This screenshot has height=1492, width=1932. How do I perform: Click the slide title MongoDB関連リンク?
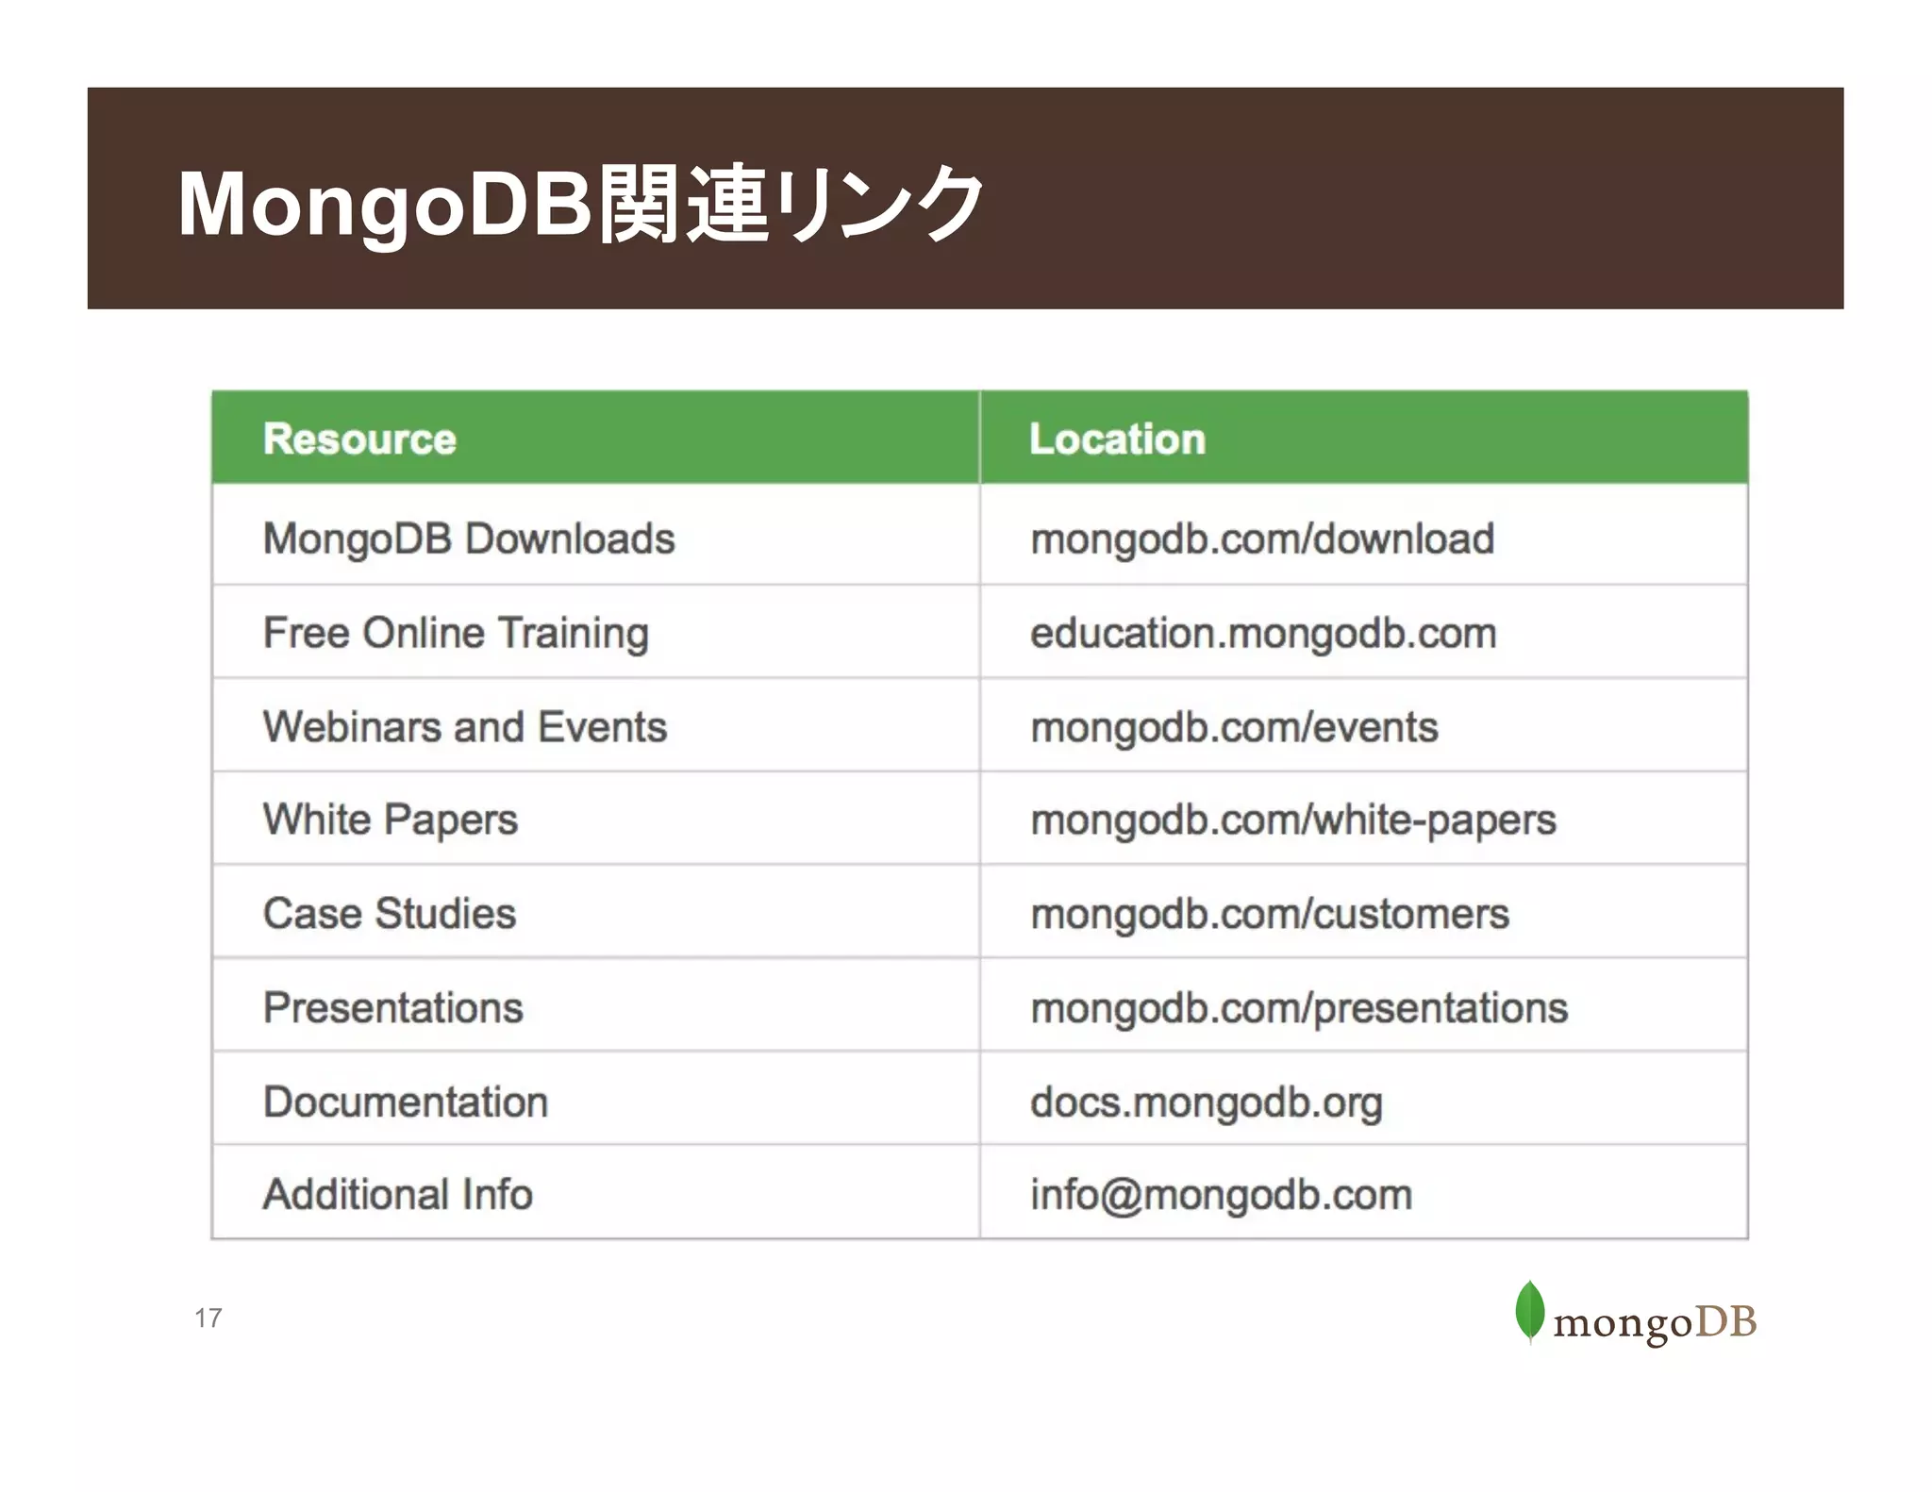pyautogui.click(x=579, y=203)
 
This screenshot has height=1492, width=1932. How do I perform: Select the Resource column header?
pyautogui.click(x=359, y=439)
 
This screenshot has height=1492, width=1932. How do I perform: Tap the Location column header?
pyautogui.click(x=1117, y=439)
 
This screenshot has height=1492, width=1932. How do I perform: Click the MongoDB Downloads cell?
pyautogui.click(x=469, y=539)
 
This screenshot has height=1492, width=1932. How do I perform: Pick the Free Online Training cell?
pyautogui.click(x=456, y=633)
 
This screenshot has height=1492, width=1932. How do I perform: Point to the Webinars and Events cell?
pyautogui.click(x=465, y=727)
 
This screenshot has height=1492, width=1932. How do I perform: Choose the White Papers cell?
pyautogui.click(x=391, y=820)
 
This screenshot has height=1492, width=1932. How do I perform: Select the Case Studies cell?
pyautogui.click(x=390, y=913)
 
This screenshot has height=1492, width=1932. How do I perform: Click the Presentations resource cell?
pyautogui.click(x=392, y=1007)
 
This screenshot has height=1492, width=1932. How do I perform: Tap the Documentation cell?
pyautogui.click(x=406, y=1102)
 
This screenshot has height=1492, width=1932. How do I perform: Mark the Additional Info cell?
pyautogui.click(x=398, y=1195)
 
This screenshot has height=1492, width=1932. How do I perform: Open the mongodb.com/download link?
pyautogui.click(x=1262, y=539)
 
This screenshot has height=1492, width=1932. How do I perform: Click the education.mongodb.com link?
pyautogui.click(x=1263, y=634)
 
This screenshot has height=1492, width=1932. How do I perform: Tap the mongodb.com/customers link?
pyautogui.click(x=1270, y=914)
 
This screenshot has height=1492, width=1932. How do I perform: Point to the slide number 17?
pyautogui.click(x=208, y=1318)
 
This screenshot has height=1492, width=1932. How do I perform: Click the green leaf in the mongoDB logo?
pyautogui.click(x=1529, y=1310)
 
